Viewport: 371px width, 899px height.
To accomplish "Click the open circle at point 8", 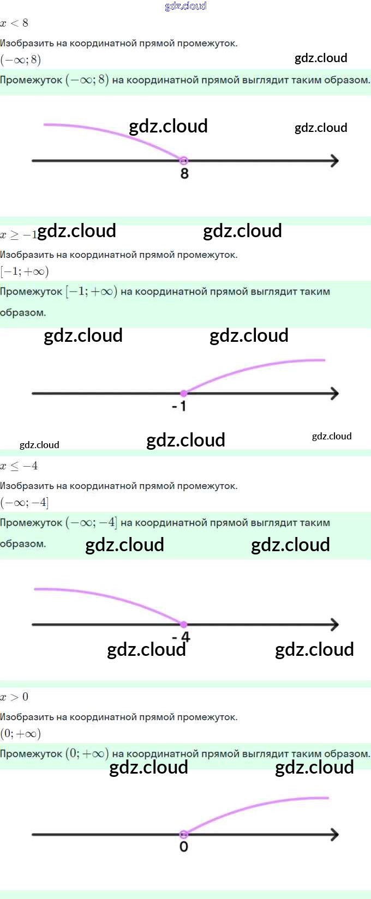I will pyautogui.click(x=184, y=160).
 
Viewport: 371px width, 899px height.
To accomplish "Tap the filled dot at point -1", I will pyautogui.click(x=184, y=393).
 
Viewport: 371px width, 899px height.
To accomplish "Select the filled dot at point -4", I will pyautogui.click(x=184, y=624).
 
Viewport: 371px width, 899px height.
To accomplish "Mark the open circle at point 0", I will pyautogui.click(x=184, y=834).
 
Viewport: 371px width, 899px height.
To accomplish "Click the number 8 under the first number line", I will pyautogui.click(x=184, y=174).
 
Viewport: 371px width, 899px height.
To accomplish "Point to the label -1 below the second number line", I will pyautogui.click(x=179, y=406).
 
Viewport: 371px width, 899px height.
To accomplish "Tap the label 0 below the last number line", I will pyautogui.click(x=184, y=847).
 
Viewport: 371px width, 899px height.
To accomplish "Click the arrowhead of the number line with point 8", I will pyautogui.click(x=334, y=160).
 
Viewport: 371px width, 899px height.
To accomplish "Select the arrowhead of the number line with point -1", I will pyautogui.click(x=334, y=393).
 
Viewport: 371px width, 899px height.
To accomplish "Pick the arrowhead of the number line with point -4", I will pyautogui.click(x=334, y=624).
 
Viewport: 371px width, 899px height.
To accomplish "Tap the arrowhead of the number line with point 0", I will pyautogui.click(x=334, y=834).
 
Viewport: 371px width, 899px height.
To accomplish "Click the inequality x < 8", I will pyautogui.click(x=14, y=23).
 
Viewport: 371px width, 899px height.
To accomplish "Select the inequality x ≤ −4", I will pyautogui.click(x=19, y=466).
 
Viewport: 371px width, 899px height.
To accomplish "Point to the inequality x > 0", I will pyautogui.click(x=14, y=697).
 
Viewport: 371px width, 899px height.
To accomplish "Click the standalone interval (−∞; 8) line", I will pyautogui.click(x=21, y=59).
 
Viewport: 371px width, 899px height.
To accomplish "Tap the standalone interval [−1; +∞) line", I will pyautogui.click(x=25, y=271).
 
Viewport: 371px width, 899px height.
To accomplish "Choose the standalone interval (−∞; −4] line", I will pyautogui.click(x=25, y=502).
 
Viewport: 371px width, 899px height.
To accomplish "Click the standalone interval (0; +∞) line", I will pyautogui.click(x=21, y=733).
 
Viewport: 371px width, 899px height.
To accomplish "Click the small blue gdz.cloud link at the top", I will pyautogui.click(x=185, y=6).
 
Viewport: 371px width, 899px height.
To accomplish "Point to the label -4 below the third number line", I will pyautogui.click(x=181, y=637).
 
